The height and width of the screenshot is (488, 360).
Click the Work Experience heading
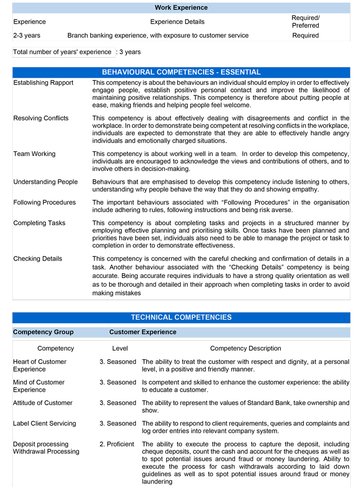pos(181,8)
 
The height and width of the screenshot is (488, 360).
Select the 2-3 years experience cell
pos(27,36)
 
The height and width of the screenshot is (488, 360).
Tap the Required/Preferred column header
pos(305,22)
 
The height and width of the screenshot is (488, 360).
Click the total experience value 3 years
pos(130,52)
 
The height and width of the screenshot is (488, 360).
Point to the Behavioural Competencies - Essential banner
pos(181,72)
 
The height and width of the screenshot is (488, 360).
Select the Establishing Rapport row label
pos(43,83)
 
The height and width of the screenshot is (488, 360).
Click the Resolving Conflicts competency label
pos(41,118)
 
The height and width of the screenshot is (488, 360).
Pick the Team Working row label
pos(34,154)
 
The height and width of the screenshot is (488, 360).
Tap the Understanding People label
pos(45,182)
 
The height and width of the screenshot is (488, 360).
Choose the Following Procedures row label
pos(44,202)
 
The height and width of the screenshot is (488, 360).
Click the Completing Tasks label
pos(39,223)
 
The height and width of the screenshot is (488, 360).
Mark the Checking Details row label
pos(38,259)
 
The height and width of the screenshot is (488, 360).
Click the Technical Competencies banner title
pos(181,318)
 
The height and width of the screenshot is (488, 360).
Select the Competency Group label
pos(43,332)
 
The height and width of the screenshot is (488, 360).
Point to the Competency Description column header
pos(245,348)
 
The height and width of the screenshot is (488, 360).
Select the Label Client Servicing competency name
pos(44,424)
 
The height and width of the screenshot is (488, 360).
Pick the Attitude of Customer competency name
pos(43,403)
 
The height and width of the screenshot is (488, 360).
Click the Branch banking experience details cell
pos(158,36)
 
